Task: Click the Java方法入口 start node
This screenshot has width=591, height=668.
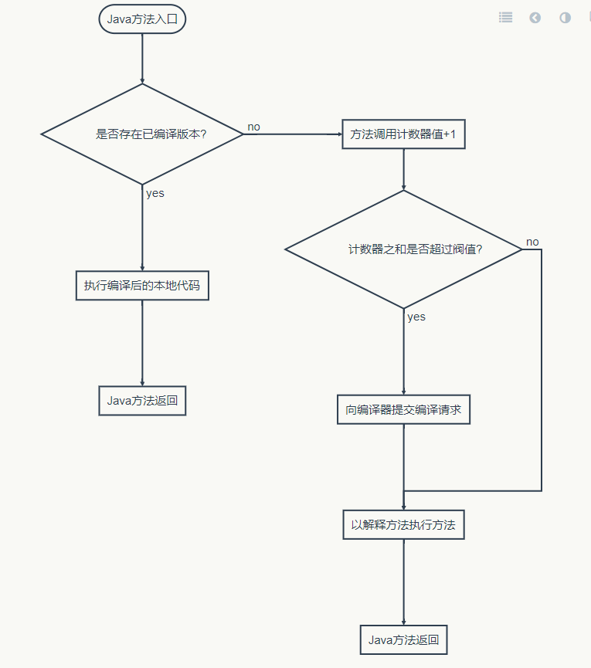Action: click(x=143, y=19)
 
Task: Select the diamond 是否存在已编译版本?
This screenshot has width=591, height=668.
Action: click(x=143, y=134)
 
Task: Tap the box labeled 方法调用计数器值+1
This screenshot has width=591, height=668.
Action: click(x=403, y=134)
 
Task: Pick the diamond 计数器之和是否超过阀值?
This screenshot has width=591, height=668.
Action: click(x=403, y=249)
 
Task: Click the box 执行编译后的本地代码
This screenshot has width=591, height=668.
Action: click(x=142, y=286)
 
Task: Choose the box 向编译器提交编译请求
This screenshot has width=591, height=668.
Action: click(x=403, y=409)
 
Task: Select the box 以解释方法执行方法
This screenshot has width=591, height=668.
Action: click(x=403, y=524)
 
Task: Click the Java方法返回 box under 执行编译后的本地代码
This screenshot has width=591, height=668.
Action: click(x=143, y=401)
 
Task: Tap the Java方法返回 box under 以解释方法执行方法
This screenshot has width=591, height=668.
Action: click(x=403, y=639)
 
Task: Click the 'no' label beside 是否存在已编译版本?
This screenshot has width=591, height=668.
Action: click(x=253, y=126)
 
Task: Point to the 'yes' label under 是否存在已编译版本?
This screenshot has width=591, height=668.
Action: click(x=155, y=193)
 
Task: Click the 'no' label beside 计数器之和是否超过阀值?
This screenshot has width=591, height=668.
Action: click(x=532, y=242)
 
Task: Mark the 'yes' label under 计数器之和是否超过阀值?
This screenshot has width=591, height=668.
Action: click(x=416, y=317)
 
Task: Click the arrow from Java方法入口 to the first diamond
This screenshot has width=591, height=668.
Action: click(x=143, y=58)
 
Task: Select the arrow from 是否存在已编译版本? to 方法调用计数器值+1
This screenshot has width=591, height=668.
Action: click(x=294, y=134)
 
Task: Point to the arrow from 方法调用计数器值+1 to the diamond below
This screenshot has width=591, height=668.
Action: click(x=403, y=169)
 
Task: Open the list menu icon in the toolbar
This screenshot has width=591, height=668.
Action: click(x=505, y=17)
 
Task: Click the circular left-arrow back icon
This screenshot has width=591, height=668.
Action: click(x=535, y=17)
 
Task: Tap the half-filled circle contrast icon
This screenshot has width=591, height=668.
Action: click(x=565, y=17)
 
